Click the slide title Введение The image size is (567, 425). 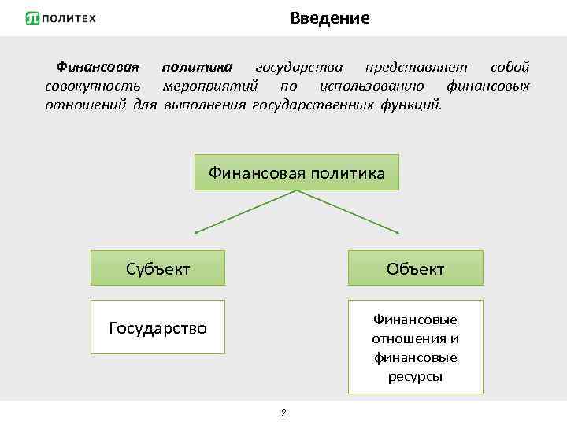pos(329,18)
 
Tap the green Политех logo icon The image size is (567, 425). pos(32,18)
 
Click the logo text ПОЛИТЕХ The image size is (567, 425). pos(69,18)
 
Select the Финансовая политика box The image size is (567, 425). pos(297,172)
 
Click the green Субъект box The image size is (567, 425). pos(157,268)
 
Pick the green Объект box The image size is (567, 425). pos(415,268)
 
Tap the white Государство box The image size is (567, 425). pos(157,327)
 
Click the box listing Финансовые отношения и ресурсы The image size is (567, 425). pos(415,347)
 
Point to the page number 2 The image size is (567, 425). pos(283,413)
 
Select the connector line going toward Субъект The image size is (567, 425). pos(244,212)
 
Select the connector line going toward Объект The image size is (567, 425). pos(350,212)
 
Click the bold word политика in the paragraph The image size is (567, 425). pos(203,66)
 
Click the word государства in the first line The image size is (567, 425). pos(299,66)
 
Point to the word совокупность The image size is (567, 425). pos(93,86)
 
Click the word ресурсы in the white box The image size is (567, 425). pos(415,376)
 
